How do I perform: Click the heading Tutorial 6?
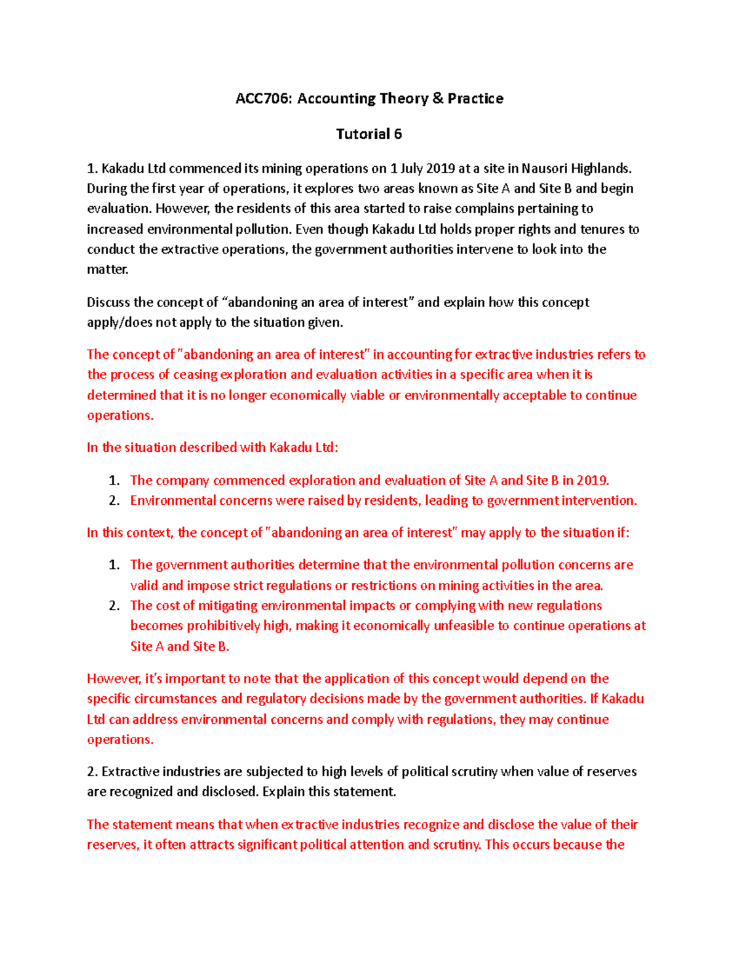tap(369, 134)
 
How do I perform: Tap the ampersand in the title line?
tap(437, 98)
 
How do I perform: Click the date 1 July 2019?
tap(422, 169)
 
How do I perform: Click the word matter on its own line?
tap(107, 270)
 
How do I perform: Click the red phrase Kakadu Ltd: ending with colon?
tap(304, 448)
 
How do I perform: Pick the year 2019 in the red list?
tap(592, 480)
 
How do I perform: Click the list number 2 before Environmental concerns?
tap(114, 500)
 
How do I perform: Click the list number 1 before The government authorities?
tap(114, 565)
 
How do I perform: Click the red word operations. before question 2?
tap(120, 740)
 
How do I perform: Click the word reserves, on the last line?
tap(113, 845)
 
